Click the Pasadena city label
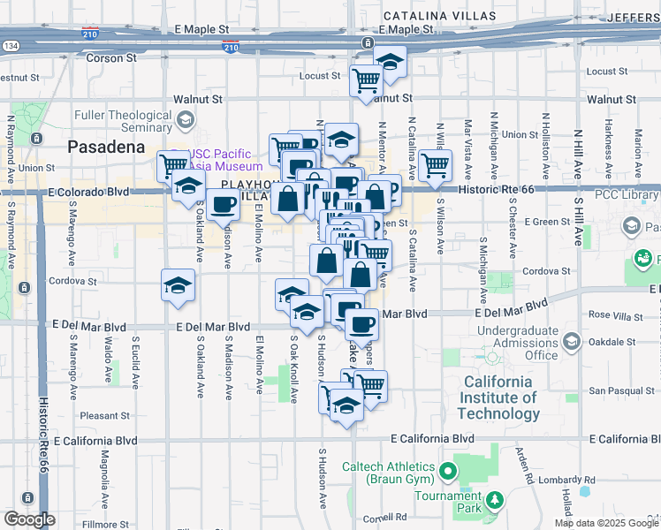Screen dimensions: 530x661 click(106, 147)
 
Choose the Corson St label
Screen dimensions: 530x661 click(111, 58)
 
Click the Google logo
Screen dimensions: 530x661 click(29, 519)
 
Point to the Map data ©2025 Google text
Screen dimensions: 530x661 click(606, 523)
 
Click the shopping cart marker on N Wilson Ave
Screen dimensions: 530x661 click(435, 165)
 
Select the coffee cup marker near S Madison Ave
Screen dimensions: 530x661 click(223, 205)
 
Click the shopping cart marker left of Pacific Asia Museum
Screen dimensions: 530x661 click(173, 164)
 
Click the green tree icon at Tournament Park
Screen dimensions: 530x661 click(496, 501)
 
